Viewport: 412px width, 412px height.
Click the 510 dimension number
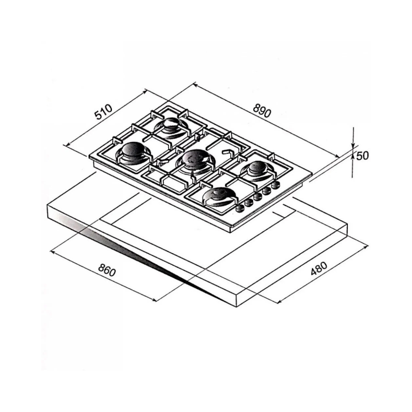[104, 112]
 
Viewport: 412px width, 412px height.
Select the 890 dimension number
[262, 111]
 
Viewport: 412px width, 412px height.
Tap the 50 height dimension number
[363, 156]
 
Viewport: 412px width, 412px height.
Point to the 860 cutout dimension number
[107, 270]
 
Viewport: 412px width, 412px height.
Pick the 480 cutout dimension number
[319, 268]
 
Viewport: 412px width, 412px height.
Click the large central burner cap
[196, 158]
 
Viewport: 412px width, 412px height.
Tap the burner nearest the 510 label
[171, 124]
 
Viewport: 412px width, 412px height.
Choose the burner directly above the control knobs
[258, 168]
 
